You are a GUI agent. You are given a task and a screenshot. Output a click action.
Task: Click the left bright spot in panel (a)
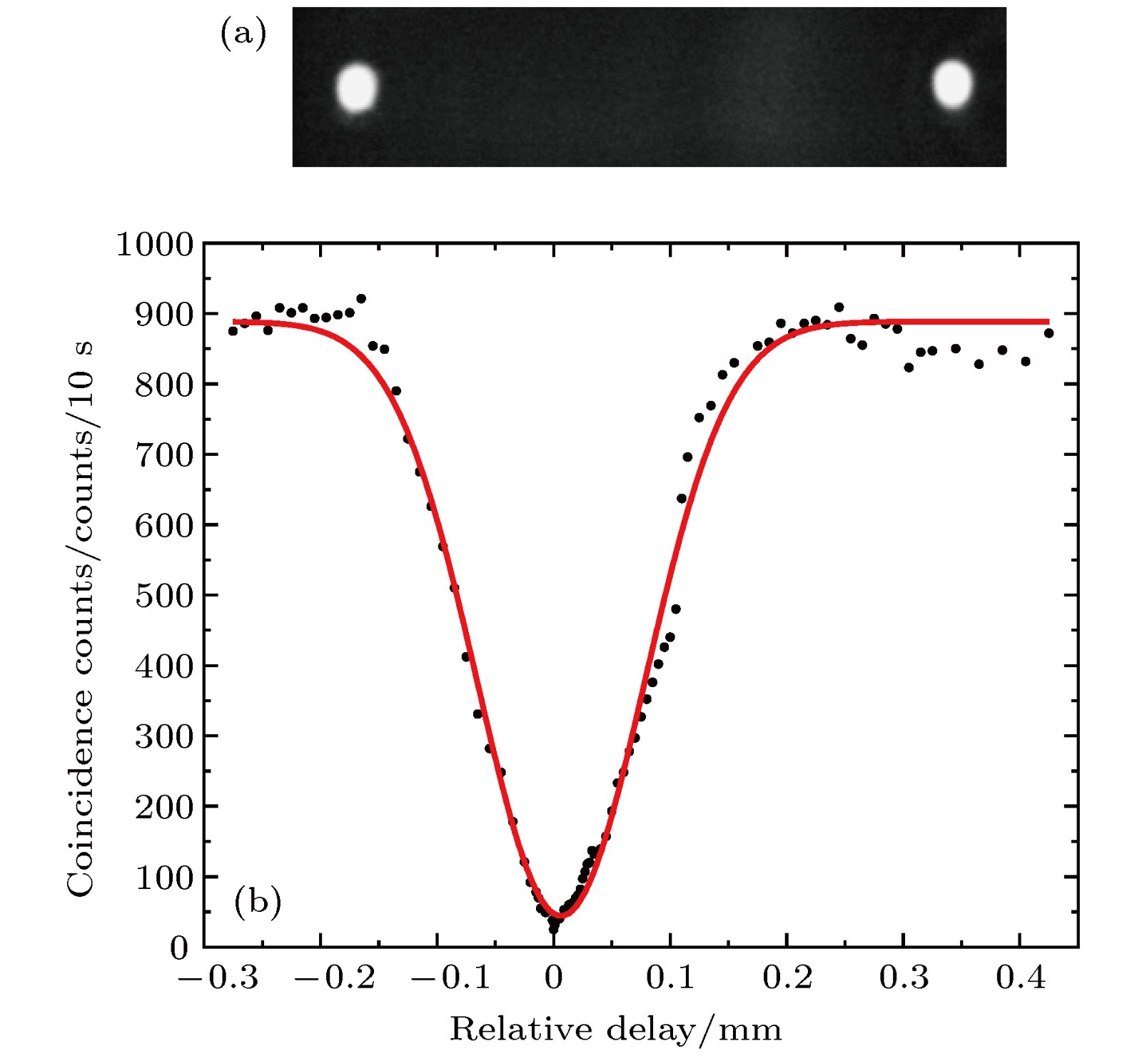pyautogui.click(x=356, y=87)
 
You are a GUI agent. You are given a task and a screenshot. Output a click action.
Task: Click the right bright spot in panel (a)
pyautogui.click(x=952, y=83)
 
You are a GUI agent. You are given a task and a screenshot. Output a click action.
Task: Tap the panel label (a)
pyautogui.click(x=243, y=34)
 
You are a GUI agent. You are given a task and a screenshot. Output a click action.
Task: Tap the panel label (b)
pyautogui.click(x=257, y=902)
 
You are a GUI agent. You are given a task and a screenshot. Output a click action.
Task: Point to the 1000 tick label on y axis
pyautogui.click(x=154, y=244)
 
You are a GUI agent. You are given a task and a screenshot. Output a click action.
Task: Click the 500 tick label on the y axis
pyautogui.click(x=163, y=595)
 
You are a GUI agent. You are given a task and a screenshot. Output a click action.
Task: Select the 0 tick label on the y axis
pyautogui.click(x=179, y=948)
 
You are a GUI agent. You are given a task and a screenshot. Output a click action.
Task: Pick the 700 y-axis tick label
pyautogui.click(x=163, y=455)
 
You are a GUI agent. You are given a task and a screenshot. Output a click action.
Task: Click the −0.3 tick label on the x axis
pyautogui.click(x=218, y=978)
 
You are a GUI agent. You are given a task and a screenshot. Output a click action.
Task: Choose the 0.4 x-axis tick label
pyautogui.click(x=1021, y=978)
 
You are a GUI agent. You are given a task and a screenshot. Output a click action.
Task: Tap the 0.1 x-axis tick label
pyautogui.click(x=670, y=978)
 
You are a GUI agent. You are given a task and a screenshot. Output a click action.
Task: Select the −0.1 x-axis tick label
pyautogui.click(x=451, y=978)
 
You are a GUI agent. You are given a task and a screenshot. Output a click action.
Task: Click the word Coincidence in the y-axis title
pyautogui.click(x=80, y=792)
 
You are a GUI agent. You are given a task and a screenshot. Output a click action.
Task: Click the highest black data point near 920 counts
pyautogui.click(x=361, y=298)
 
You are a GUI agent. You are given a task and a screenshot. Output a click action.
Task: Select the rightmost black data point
pyautogui.click(x=1048, y=332)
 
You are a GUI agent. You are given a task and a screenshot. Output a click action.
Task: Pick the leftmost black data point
pyautogui.click(x=233, y=330)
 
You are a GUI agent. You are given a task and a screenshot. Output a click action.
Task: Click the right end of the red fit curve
pyautogui.click(x=1048, y=322)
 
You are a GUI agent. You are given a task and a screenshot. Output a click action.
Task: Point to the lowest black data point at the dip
pyautogui.click(x=553, y=929)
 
